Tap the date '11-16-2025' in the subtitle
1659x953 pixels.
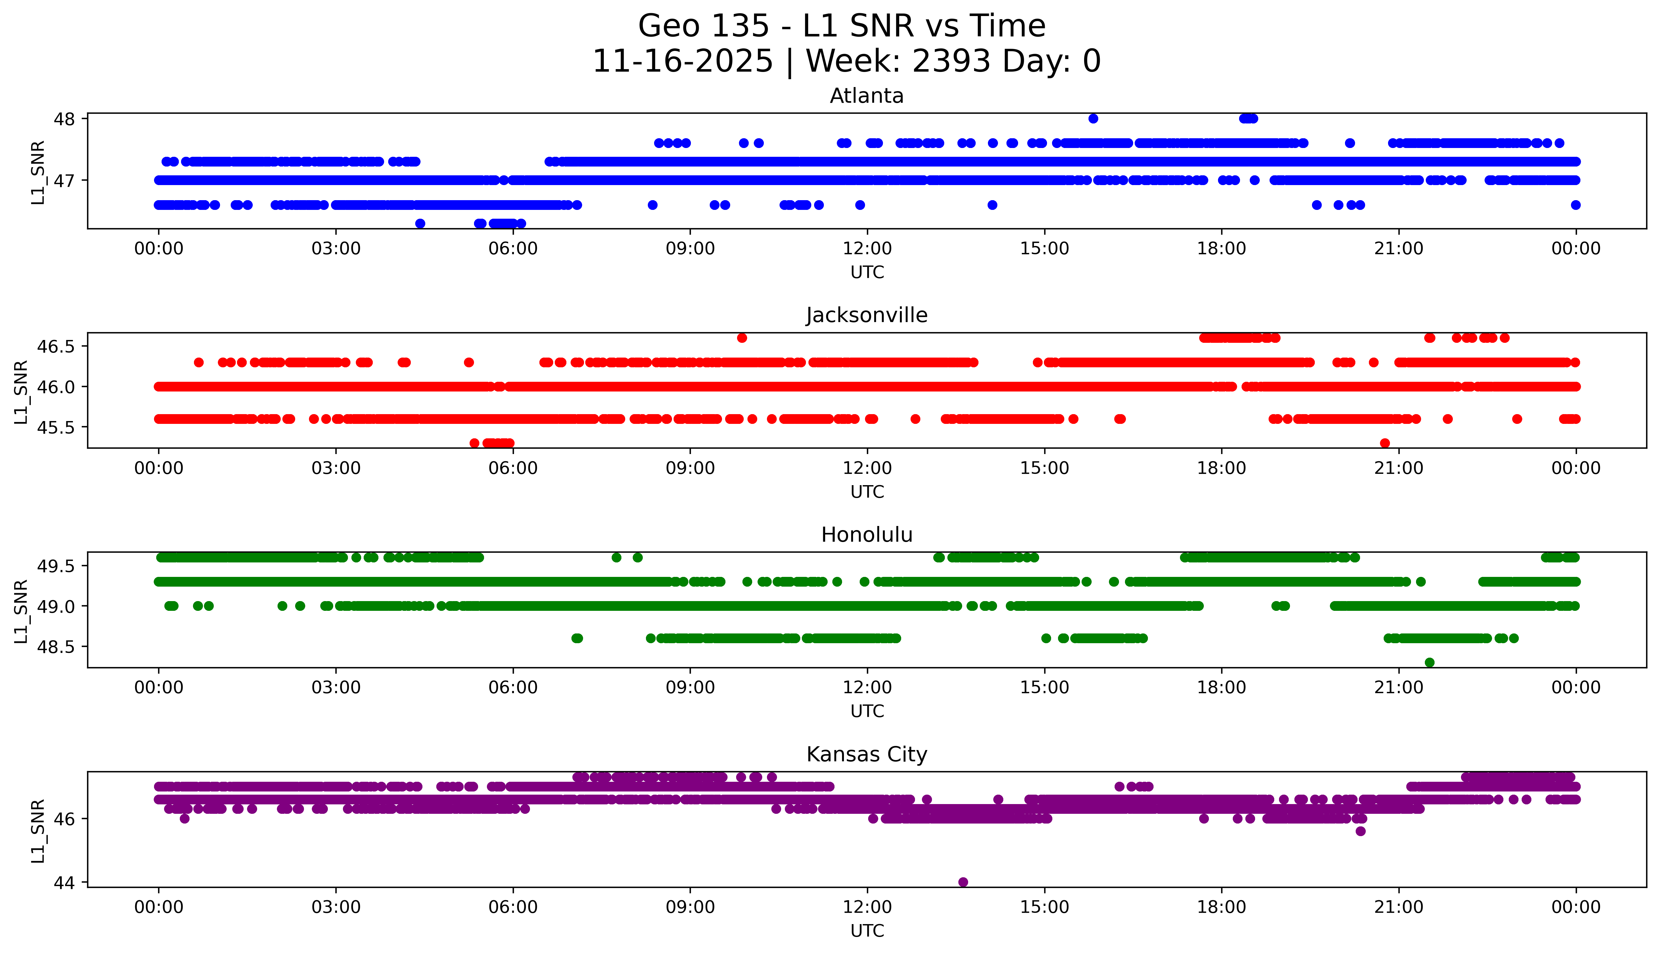[683, 62]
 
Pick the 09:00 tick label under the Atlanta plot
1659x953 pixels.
[690, 249]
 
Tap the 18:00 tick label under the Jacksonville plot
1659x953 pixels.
[1222, 468]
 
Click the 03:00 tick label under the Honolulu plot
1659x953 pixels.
[336, 687]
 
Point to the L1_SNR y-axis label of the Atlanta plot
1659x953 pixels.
[38, 172]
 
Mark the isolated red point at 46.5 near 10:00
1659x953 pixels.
[742, 338]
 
